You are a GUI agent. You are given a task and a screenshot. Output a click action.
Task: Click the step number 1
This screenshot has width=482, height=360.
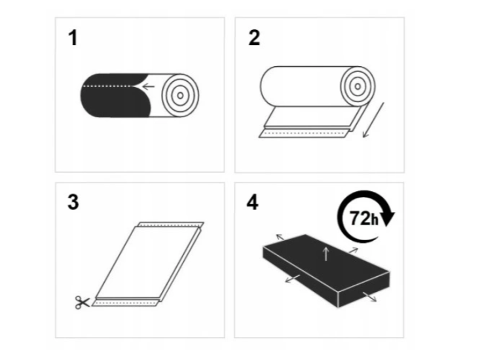[x=73, y=38]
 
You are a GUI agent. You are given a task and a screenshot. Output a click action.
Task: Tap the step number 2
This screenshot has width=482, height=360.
[x=254, y=38]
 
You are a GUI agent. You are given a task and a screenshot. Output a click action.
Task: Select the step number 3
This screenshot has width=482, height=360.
[x=73, y=202]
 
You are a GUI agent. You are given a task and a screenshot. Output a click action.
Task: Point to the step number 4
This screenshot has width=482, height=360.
[x=252, y=202]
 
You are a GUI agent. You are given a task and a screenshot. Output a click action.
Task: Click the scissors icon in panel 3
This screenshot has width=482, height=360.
[x=82, y=302]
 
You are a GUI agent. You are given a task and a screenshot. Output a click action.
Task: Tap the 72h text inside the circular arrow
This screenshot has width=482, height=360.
[x=364, y=218]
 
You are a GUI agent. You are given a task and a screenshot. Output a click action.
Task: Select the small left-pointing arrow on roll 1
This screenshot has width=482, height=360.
[x=148, y=86]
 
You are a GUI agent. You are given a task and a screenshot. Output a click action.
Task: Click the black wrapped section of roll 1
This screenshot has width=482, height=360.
[x=116, y=95]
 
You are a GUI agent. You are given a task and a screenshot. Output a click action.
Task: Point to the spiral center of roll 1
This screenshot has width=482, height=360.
[x=181, y=96]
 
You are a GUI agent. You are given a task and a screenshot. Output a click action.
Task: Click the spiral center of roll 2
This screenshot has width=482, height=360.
[x=358, y=86]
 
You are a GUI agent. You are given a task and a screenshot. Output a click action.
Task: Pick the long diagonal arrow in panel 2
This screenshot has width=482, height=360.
[x=373, y=120]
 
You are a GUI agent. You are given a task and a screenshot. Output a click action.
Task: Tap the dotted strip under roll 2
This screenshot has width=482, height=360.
[x=305, y=134]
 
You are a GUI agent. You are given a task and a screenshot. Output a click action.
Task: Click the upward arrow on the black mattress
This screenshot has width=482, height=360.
[x=326, y=255]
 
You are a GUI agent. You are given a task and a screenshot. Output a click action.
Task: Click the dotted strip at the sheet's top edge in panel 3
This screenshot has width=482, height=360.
[x=171, y=225]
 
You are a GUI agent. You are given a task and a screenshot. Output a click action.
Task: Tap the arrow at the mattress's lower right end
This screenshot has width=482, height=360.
[x=370, y=297]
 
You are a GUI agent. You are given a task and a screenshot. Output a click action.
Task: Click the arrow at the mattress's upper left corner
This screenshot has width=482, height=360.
[x=280, y=237]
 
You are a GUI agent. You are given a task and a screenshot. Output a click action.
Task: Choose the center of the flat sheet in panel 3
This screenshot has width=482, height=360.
[x=147, y=262]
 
